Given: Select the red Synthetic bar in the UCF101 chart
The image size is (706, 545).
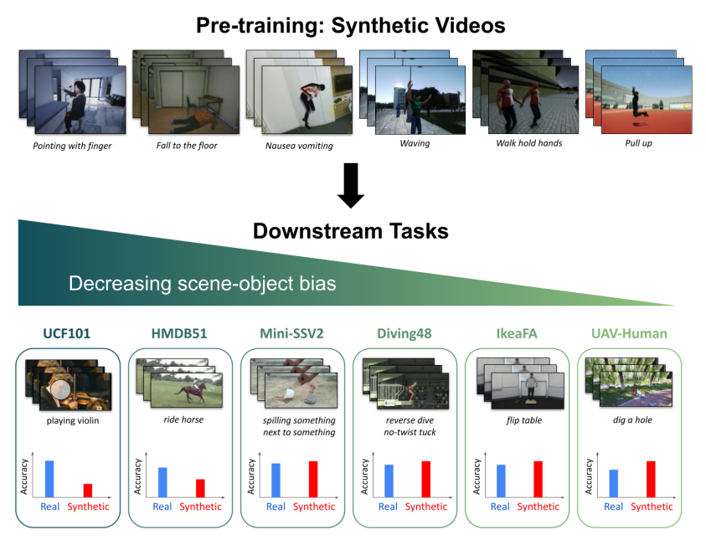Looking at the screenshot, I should tap(88, 490).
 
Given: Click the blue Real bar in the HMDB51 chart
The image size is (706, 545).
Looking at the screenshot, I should tap(162, 481).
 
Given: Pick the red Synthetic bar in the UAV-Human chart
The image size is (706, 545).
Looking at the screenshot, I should tap(651, 478).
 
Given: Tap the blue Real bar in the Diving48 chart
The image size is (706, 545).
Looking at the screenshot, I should tap(388, 480).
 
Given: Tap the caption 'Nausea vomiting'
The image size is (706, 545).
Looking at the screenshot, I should tap(299, 146).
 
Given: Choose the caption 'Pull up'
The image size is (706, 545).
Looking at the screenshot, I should tap(638, 143).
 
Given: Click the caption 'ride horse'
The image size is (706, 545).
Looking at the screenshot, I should tap(184, 420).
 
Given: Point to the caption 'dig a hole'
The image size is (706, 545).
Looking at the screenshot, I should tap(633, 420).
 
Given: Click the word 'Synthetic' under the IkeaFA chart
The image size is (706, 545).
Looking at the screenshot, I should tap(538, 506).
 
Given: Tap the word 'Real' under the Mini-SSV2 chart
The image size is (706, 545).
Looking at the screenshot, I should tap(276, 506).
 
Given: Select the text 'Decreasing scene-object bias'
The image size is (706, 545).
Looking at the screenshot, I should tap(202, 284).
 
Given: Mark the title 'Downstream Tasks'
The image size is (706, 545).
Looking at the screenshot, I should tap(350, 231).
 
